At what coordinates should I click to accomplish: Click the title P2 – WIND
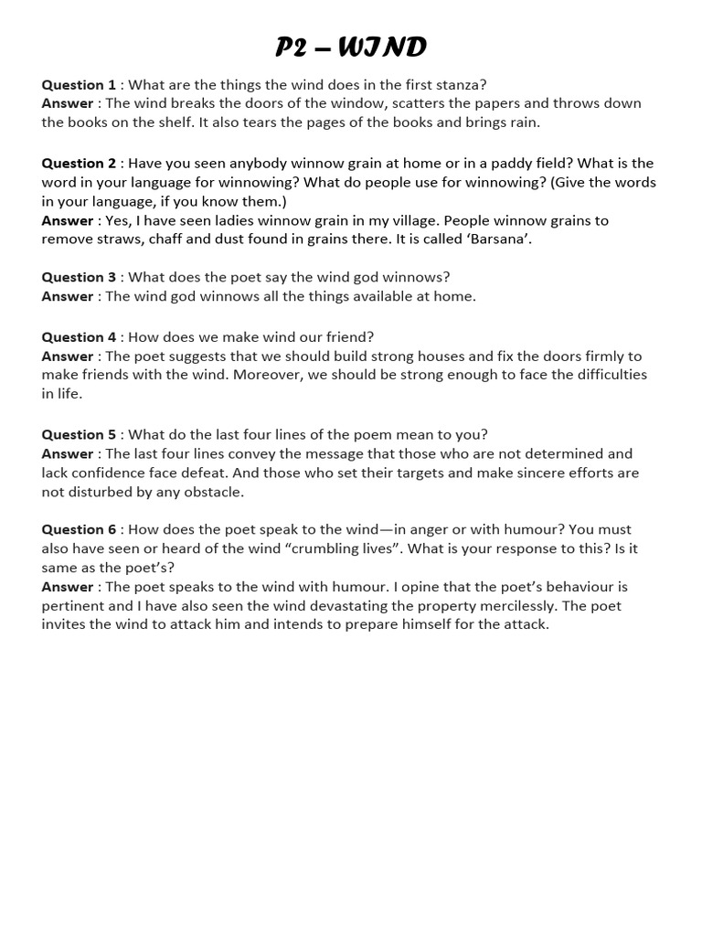coord(351,47)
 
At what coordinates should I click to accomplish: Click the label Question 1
coord(79,85)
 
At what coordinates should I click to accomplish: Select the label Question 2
coord(79,164)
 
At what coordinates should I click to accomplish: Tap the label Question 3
coord(79,277)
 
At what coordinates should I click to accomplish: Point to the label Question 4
coord(79,337)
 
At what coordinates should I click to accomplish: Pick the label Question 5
coord(79,435)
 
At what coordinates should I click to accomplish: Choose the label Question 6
coord(79,530)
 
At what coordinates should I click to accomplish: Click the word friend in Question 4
coord(348,337)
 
